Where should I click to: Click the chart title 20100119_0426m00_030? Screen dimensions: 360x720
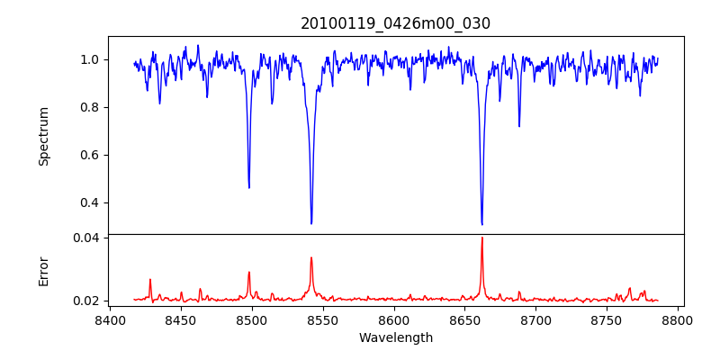pos(396,23)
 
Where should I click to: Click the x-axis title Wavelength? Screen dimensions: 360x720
pos(396,337)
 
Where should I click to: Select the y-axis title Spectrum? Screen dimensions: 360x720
pos(43,136)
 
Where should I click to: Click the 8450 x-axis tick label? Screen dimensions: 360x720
pos(181,319)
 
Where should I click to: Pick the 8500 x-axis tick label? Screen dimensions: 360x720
pos(252,319)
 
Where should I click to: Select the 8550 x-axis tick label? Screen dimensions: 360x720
pos(323,319)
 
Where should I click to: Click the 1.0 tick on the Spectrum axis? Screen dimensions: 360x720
pos(90,60)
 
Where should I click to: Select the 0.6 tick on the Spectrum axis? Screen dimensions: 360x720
pos(90,155)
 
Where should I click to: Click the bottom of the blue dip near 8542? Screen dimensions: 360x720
pos(311,223)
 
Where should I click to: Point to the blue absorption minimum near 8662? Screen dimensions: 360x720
pos(481,224)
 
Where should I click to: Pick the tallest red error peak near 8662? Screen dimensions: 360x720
pos(481,238)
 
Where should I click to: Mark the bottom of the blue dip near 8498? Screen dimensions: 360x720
pos(249,187)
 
